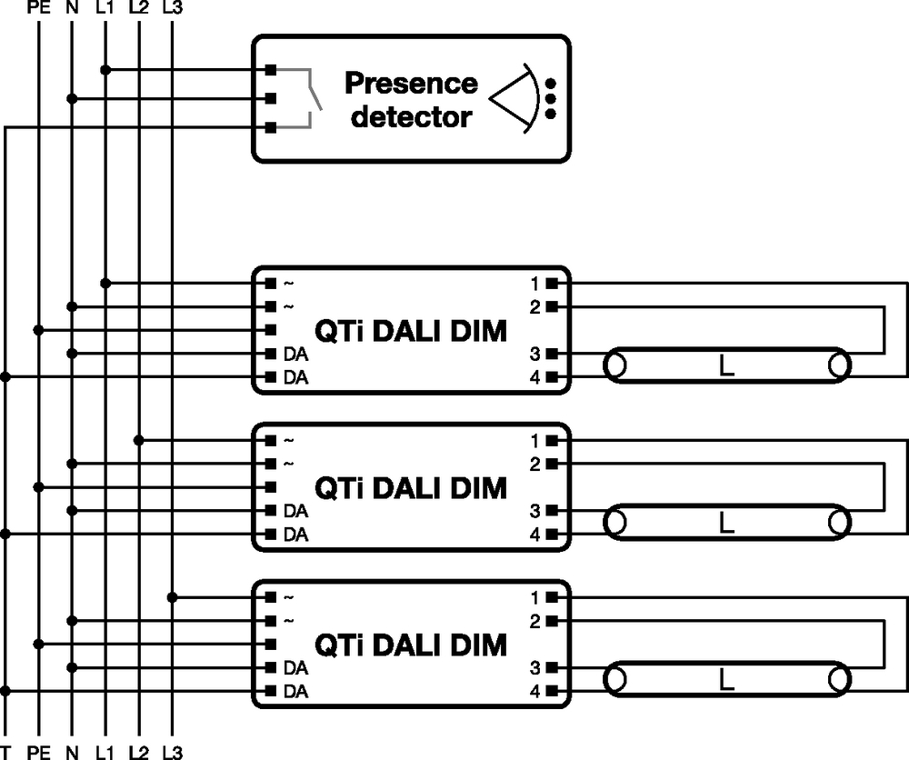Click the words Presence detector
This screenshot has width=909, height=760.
coord(411,100)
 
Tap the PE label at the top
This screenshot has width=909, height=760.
coord(38,9)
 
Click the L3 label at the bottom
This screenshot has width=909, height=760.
coord(172,752)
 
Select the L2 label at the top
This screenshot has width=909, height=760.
coord(138,9)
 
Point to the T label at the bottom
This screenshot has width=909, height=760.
coord(6,752)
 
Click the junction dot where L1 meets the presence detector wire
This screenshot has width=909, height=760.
coord(105,70)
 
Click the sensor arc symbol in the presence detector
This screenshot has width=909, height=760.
coord(512,98)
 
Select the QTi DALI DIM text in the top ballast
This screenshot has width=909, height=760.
coord(410,331)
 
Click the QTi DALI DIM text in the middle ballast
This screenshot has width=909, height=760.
coord(410,488)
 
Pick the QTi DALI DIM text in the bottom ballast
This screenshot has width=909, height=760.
coord(410,645)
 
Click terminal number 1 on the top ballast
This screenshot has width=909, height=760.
coord(536,284)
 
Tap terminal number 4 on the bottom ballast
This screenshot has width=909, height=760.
coord(536,692)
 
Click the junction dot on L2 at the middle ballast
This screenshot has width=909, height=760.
coord(138,441)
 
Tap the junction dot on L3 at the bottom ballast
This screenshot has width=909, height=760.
coord(172,597)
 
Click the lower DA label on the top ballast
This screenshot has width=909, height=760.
coord(295,377)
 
